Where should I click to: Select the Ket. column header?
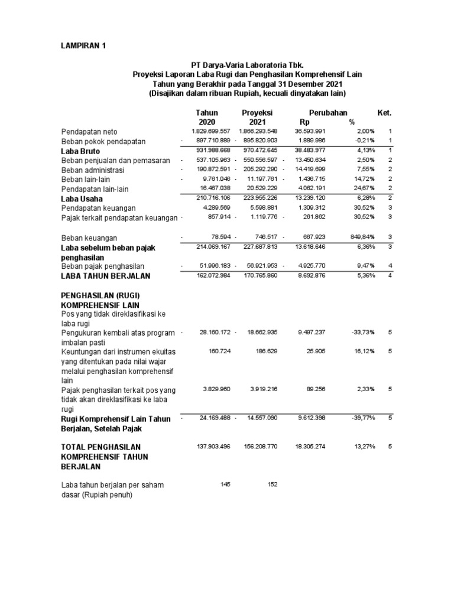[384, 112]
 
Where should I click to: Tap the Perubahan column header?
[328, 112]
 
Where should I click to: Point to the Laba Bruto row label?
[81, 151]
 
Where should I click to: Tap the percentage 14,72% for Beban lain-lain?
[364, 178]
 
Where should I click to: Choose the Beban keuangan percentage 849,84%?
[361, 236]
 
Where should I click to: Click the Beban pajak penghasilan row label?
[103, 266]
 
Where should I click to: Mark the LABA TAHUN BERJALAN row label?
[106, 276]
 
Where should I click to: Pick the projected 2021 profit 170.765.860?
[258, 275]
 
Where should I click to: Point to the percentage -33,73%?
[362, 333]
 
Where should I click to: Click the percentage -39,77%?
[362, 418]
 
